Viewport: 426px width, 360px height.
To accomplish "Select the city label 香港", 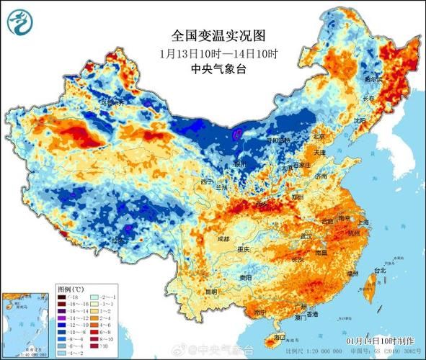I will click(x=311, y=315).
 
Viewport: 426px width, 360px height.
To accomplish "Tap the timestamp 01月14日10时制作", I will click(x=380, y=340).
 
